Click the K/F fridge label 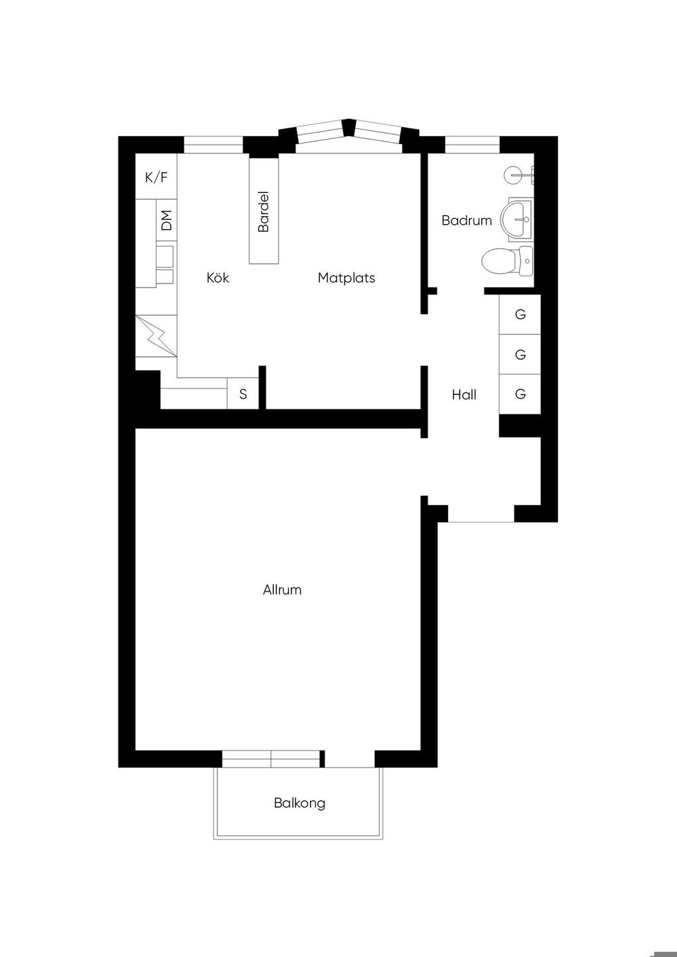157,177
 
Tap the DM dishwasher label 167,220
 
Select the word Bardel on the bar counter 264,211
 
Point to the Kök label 218,278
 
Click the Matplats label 346,278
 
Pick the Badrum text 467,221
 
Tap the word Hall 464,395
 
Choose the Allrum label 282,590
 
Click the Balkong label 299,804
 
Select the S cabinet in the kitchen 243,393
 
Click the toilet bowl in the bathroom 507,260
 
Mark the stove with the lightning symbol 156,336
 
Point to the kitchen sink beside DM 165,264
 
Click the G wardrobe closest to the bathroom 520,315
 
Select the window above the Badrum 472,144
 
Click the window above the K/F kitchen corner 214,144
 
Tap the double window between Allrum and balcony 270,759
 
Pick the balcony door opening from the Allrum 350,759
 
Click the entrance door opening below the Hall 481,514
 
